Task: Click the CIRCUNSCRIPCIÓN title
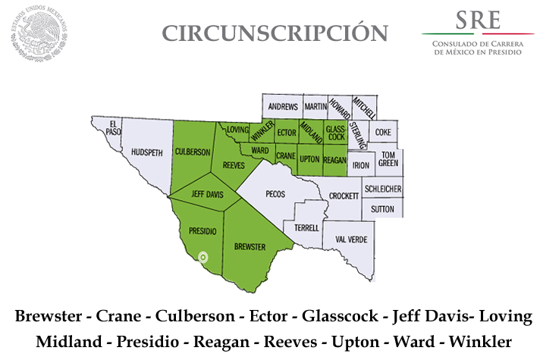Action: pos(275,33)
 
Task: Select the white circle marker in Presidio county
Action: pos(202,257)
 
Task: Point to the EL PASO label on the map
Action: pos(114,127)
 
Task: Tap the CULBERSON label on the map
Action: pos(193,152)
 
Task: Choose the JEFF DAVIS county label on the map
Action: pos(206,195)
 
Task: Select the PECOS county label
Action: pos(275,194)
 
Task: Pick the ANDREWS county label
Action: pos(283,106)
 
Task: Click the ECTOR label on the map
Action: pos(286,133)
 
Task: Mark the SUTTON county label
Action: pos(382,207)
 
